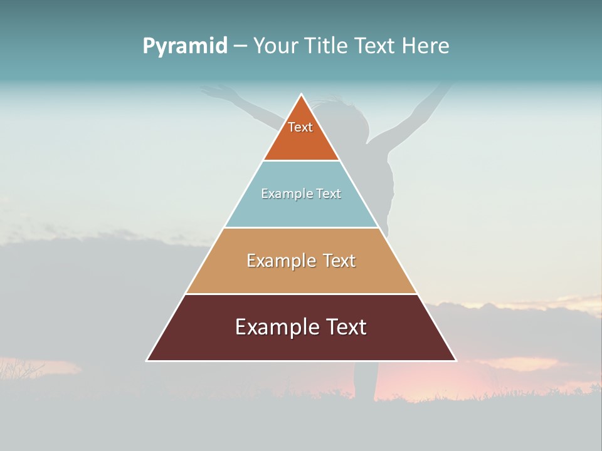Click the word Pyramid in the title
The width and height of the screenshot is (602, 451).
(x=185, y=46)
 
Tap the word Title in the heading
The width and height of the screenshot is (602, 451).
(x=328, y=46)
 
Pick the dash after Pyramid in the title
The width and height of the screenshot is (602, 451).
(x=240, y=46)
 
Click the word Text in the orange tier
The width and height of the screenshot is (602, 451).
(x=300, y=127)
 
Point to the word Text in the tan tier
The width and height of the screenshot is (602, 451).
(x=339, y=261)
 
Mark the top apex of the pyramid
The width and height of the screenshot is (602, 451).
(x=302, y=95)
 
